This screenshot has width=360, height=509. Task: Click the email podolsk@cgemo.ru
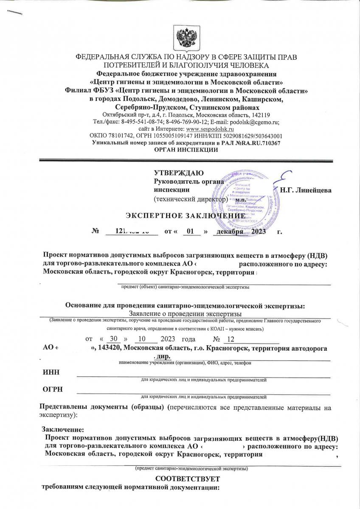point(258,122)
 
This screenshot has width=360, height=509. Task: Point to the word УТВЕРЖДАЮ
point(179,173)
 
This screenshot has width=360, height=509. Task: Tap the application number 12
point(231,339)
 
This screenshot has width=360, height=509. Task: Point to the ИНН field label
point(51,372)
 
